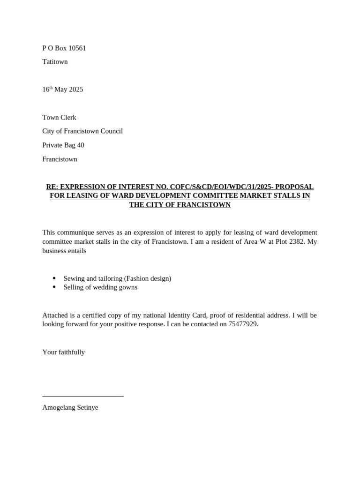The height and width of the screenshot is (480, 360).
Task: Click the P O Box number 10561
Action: [77, 48]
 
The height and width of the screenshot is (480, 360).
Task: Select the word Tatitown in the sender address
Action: [55, 62]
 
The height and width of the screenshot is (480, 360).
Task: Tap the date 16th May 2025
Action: [62, 90]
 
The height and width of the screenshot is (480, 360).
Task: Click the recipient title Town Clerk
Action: [59, 118]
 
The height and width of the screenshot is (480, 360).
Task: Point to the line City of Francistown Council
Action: [82, 131]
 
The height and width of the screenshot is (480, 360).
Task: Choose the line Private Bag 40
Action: [63, 145]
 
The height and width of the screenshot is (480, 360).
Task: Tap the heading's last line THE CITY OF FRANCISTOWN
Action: [180, 205]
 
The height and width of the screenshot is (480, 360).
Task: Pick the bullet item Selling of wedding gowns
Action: [100, 287]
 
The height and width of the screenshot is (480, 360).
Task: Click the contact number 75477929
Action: [243, 324]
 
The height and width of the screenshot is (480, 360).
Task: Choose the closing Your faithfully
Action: [63, 352]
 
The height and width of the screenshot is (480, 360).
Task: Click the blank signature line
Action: [83, 396]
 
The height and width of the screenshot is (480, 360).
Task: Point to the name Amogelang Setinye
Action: [70, 408]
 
